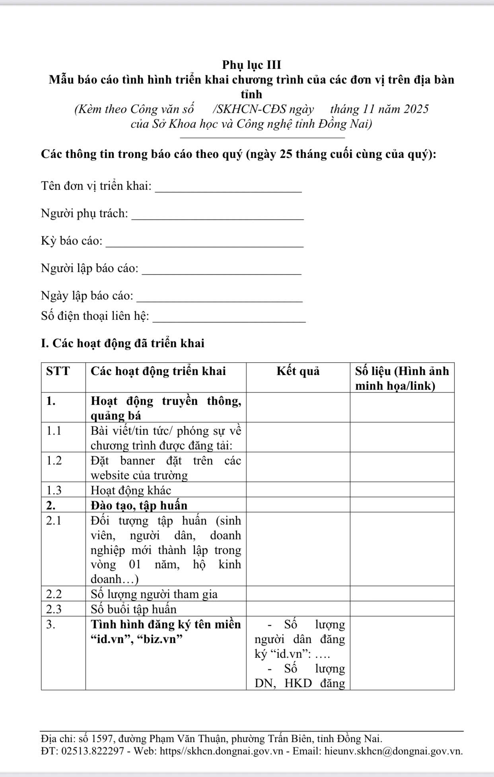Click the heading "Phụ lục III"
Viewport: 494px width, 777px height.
point(251,65)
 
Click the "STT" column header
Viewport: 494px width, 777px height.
point(58,371)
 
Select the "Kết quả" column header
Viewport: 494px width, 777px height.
point(298,371)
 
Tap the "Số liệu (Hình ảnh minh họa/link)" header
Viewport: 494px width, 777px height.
point(402,378)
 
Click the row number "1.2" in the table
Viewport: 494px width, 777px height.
point(54,460)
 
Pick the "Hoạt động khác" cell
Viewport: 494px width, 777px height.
point(131,490)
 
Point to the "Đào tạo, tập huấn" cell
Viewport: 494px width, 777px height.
point(139,505)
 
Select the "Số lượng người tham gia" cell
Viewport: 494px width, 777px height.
point(154,594)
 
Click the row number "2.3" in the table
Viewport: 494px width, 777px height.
point(54,609)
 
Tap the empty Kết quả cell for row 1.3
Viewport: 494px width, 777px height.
point(298,490)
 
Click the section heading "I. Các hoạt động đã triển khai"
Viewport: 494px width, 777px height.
point(123,343)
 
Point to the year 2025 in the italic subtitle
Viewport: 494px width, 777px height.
point(416,109)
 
